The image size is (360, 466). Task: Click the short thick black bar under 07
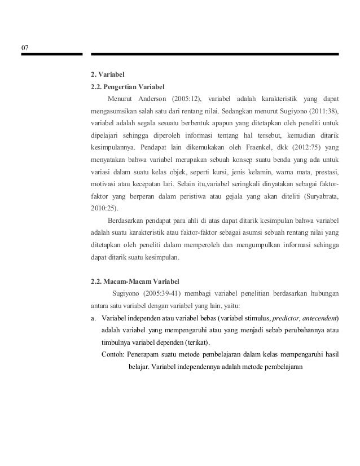click(x=52, y=54)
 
